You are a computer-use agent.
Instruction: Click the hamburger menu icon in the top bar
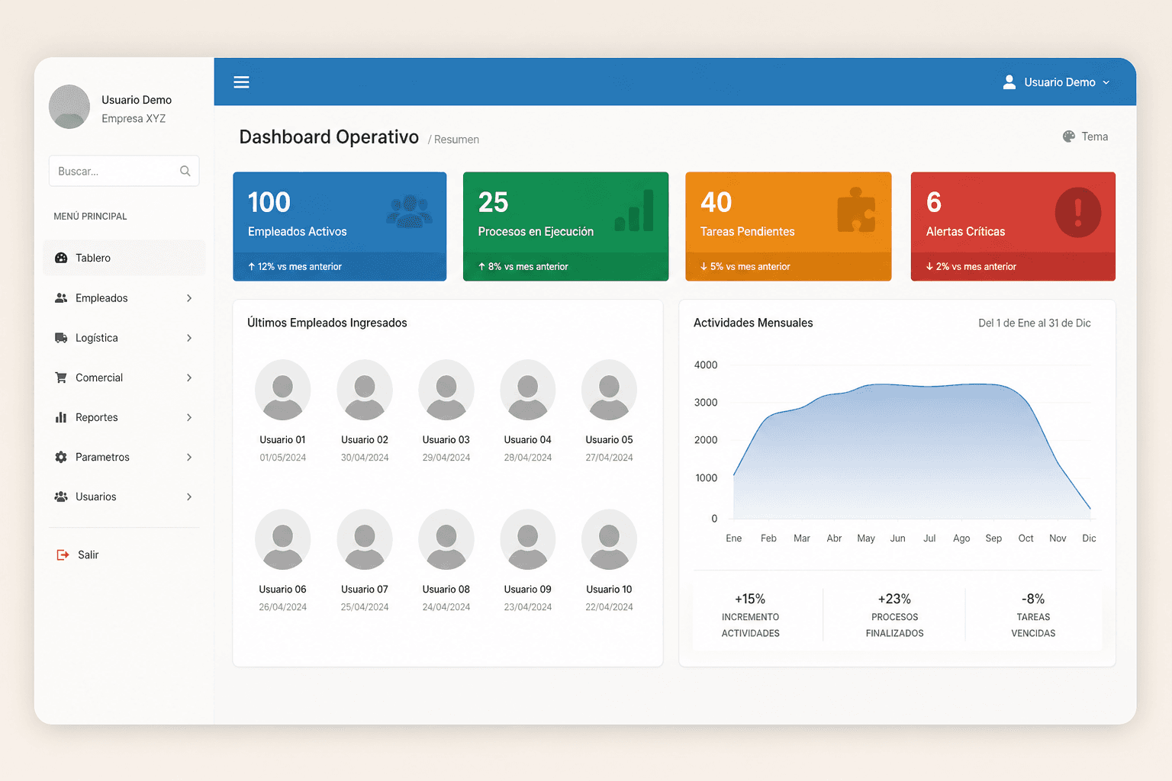[x=241, y=82]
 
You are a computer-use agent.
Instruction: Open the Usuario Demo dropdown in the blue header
[x=1057, y=82]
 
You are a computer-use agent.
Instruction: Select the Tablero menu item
[x=93, y=258]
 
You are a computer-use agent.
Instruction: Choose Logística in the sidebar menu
[x=97, y=338]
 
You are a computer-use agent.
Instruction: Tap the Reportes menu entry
[x=97, y=417]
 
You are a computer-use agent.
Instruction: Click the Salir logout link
[x=88, y=554]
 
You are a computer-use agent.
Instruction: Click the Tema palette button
[x=1085, y=137]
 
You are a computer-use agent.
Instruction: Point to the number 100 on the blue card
[x=269, y=202]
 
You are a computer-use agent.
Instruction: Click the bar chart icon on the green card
[x=634, y=211]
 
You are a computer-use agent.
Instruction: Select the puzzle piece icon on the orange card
[x=856, y=210]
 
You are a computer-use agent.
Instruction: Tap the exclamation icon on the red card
[x=1077, y=213]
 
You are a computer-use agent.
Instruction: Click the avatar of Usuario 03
[x=446, y=390]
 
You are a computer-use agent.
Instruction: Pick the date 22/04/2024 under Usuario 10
[x=609, y=607]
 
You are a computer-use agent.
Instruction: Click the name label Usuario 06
[x=282, y=590]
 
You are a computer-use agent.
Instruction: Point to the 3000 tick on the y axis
[x=706, y=403]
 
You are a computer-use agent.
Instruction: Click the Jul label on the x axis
[x=929, y=538]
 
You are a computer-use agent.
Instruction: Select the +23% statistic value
[x=894, y=599]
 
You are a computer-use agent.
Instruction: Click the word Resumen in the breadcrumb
[x=456, y=140]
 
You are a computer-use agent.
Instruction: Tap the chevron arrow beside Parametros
[x=189, y=457]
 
